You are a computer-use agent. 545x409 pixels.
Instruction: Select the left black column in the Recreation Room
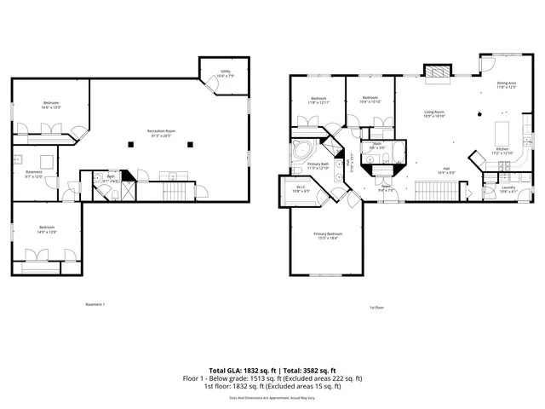[130, 143]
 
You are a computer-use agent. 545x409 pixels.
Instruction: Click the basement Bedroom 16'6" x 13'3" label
[51, 106]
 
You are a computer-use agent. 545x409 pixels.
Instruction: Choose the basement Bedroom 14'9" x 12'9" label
[47, 229]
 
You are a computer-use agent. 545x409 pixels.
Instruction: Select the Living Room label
[434, 113]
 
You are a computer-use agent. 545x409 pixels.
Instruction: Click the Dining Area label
[507, 84]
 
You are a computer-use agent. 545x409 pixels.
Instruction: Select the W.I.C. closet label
[301, 189]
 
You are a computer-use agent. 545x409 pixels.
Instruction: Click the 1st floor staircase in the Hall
[433, 190]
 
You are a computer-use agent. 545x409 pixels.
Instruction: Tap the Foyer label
[385, 188]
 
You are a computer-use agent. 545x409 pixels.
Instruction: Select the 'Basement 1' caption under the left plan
[95, 304]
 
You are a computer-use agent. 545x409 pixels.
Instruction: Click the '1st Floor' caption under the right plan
[377, 307]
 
